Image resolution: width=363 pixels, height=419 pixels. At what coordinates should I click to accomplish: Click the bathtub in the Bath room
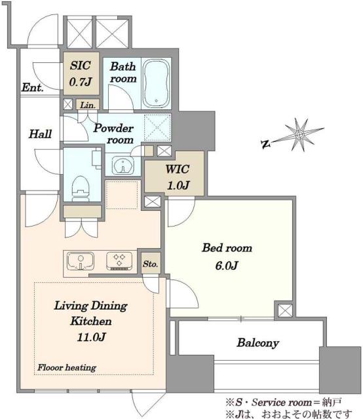156,83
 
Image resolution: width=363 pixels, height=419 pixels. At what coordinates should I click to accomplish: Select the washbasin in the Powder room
123,166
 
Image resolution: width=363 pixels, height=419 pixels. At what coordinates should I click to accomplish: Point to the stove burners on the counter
119,261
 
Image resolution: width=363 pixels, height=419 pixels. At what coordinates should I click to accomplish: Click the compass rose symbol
300,135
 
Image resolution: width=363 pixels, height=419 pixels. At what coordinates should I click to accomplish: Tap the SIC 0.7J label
81,73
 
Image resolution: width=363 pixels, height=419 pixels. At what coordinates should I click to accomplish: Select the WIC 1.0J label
178,177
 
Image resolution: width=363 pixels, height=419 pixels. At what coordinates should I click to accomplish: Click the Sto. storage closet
151,263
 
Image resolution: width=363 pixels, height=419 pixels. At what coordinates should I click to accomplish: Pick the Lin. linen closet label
88,105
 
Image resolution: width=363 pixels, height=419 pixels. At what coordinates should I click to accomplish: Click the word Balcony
258,343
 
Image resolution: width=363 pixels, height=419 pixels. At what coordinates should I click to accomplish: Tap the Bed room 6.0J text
227,257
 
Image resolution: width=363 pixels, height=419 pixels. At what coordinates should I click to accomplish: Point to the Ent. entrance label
32,87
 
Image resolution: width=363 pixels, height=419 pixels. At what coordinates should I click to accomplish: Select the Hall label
40,134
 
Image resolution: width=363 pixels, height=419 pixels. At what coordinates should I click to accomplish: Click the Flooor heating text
67,368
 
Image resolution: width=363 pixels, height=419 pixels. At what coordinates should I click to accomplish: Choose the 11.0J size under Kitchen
91,337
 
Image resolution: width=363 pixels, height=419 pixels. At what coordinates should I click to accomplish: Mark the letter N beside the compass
265,144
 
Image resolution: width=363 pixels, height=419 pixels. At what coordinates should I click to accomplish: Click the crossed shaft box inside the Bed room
285,310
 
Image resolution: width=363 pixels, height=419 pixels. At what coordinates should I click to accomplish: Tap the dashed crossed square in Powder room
157,128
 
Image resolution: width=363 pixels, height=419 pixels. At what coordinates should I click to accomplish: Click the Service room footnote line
283,402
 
